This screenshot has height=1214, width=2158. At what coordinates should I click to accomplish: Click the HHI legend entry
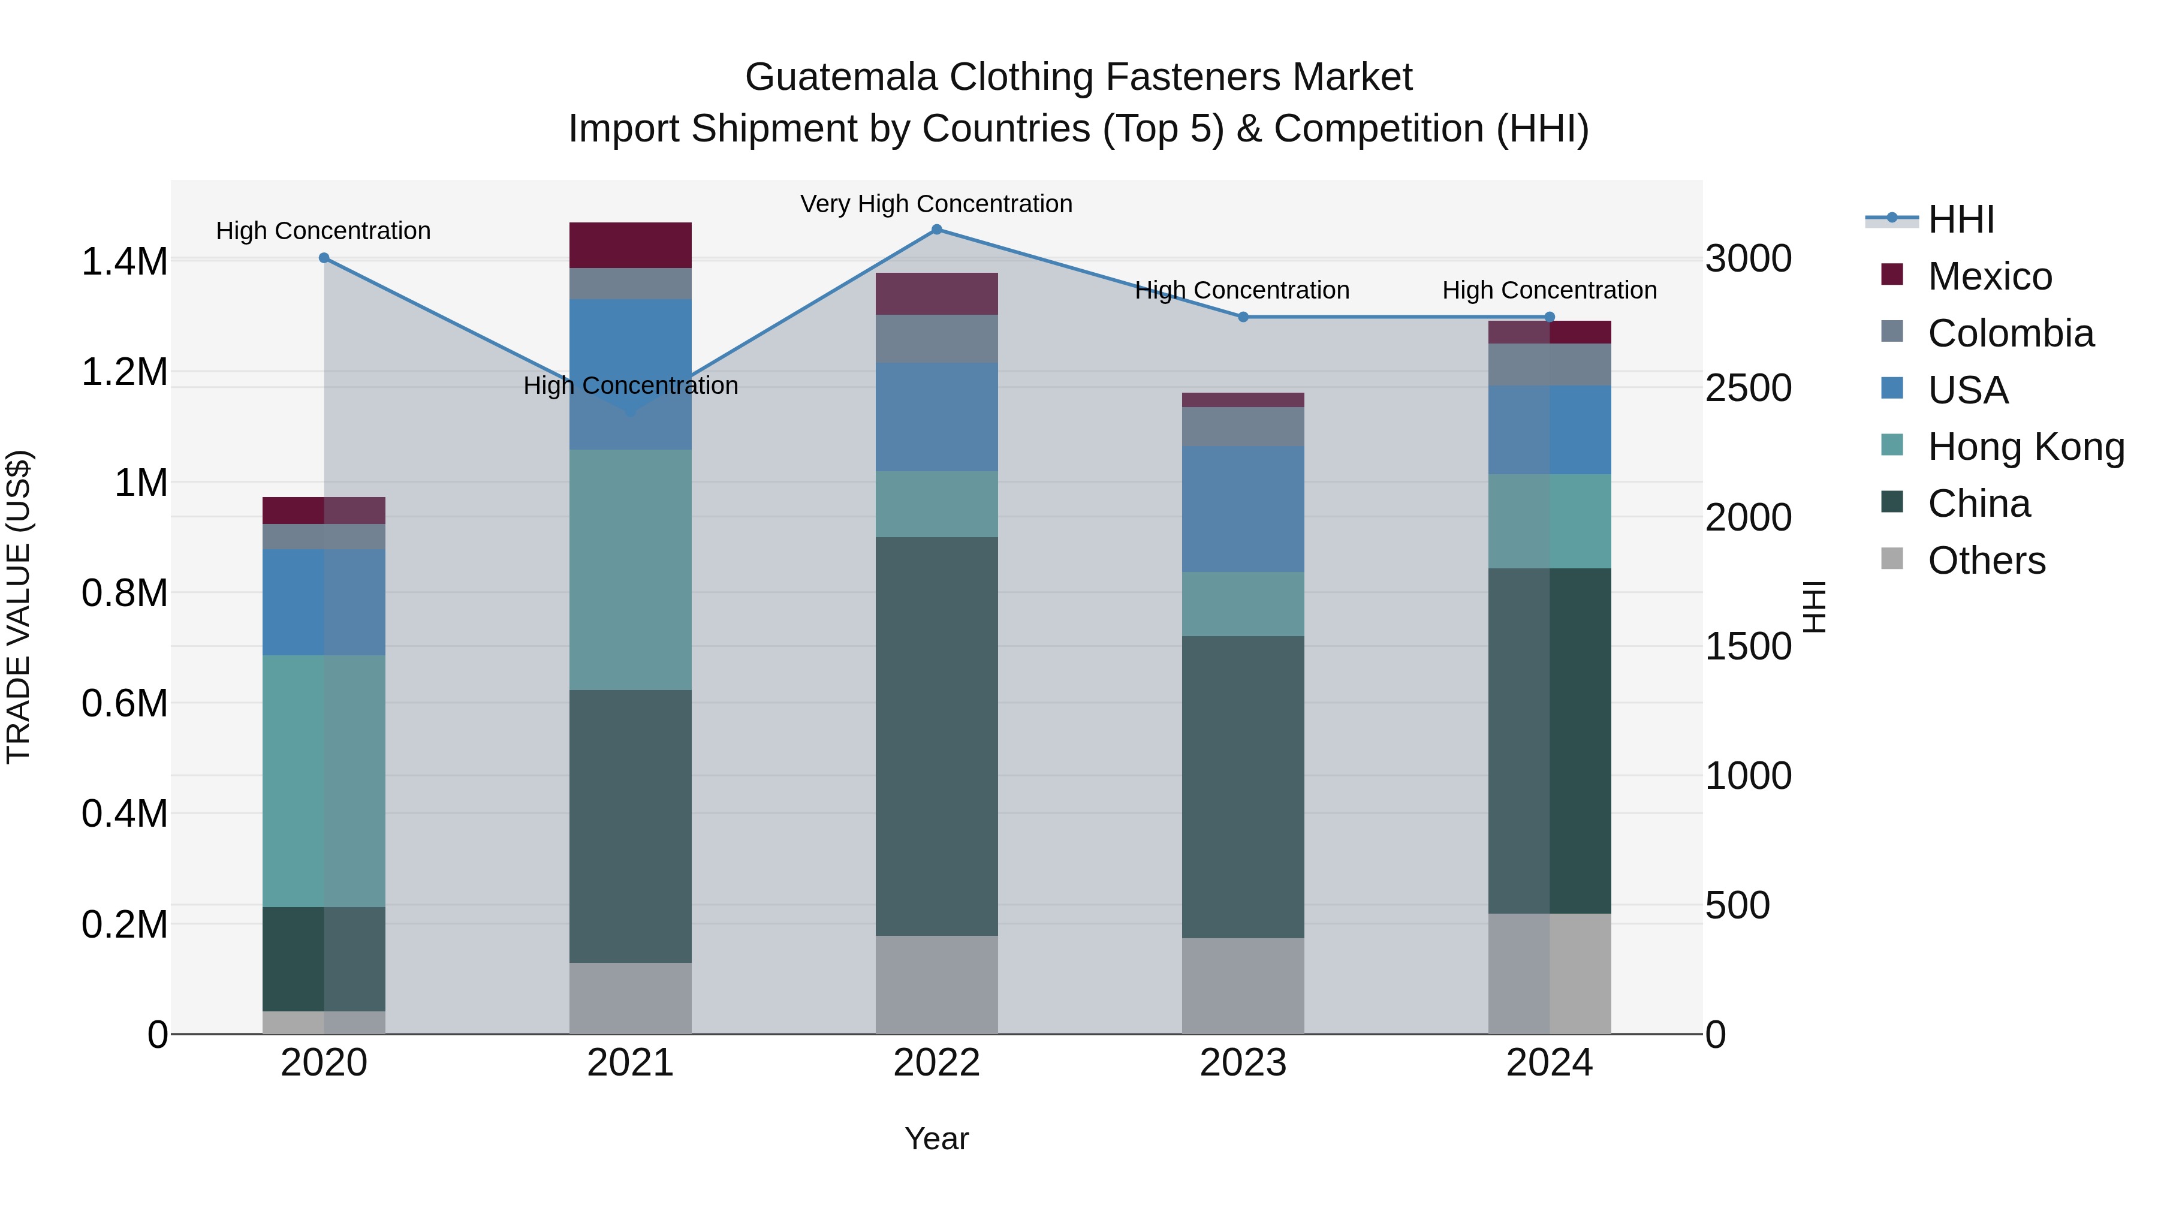coord(1960,219)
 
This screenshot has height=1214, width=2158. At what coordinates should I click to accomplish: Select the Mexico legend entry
coord(1990,276)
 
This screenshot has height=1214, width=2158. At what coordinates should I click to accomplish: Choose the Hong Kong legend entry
coord(2026,447)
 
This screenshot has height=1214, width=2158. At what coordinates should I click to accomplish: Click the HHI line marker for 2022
coord(936,230)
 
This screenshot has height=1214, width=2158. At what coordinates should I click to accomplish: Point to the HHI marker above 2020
coord(324,258)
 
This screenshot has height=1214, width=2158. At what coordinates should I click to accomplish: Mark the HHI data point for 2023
coord(1243,317)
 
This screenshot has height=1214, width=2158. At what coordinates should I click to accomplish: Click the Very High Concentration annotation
coord(936,204)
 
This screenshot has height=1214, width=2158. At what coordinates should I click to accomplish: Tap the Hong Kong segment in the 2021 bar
coord(630,570)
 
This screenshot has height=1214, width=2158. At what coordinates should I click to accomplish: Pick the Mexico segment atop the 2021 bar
coord(630,245)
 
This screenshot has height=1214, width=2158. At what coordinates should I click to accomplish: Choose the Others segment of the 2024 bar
coord(1549,974)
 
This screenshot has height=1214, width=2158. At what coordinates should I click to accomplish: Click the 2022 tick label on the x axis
coord(936,1063)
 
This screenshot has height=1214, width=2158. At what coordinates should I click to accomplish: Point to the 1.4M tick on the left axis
coord(124,261)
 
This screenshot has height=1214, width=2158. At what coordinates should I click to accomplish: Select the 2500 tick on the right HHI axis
coord(1749,388)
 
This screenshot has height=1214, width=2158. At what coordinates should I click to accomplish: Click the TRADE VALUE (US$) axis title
coord(19,607)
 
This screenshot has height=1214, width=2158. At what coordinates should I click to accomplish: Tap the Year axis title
coord(936,1138)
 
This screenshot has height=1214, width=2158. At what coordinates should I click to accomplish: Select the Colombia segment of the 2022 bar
coord(936,339)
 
